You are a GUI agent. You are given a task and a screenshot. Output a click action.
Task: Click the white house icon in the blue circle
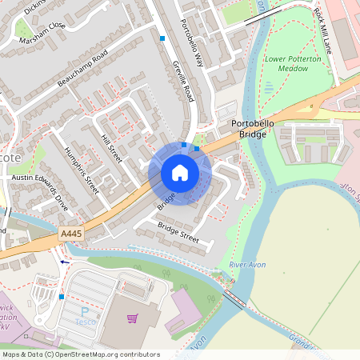point(180,173)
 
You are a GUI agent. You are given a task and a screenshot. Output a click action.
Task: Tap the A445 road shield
point(70,234)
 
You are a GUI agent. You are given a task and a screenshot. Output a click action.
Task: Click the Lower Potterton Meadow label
point(293,64)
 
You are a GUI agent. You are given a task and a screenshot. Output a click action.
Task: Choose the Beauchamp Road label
point(82,70)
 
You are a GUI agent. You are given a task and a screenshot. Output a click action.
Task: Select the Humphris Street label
point(81,171)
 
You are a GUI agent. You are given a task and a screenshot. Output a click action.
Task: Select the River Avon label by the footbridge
point(246,264)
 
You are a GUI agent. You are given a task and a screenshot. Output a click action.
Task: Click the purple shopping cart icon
point(133,318)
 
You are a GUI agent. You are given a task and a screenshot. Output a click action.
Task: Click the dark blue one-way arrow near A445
point(65,261)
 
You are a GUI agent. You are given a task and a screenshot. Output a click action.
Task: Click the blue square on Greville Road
point(162,38)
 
